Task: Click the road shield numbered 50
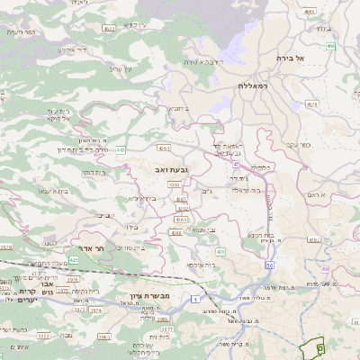(x=269, y=265)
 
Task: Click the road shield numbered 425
(x=75, y=259)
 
